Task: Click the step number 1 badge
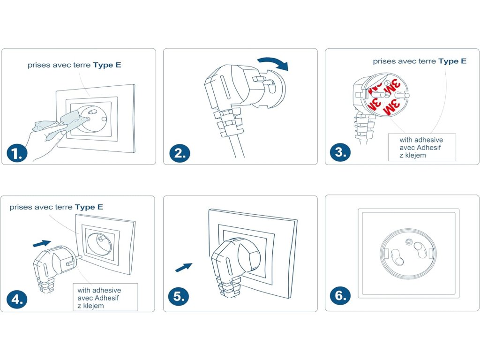[x=17, y=153]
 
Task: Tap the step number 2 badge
[x=180, y=153]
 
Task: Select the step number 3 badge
[x=341, y=153]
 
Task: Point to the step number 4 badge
[x=17, y=300]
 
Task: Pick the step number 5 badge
[x=180, y=296]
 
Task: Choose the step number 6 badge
[x=341, y=296]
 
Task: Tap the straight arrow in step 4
[x=42, y=243]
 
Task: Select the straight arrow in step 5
[x=184, y=268]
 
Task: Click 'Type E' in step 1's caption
[x=107, y=65]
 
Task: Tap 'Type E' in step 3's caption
[x=452, y=61]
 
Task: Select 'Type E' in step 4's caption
[x=89, y=207]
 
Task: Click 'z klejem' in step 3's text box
[x=412, y=155]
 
